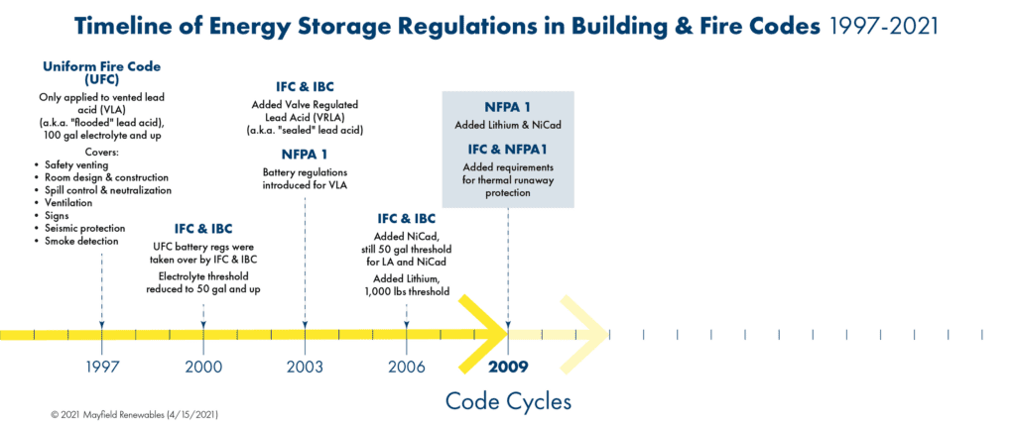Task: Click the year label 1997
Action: click(102, 367)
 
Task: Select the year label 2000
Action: click(203, 367)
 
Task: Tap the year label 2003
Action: click(305, 367)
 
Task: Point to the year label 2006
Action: click(406, 367)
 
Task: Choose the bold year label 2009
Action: click(508, 367)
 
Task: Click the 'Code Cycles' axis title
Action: click(508, 401)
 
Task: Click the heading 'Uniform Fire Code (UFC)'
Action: click(102, 72)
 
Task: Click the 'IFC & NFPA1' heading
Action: click(508, 150)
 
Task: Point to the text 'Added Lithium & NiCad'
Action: click(508, 124)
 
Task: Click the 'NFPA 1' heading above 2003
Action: click(305, 155)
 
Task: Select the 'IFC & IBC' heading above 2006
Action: click(406, 218)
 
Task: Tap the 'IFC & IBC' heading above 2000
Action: click(203, 229)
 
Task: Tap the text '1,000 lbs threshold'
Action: click(406, 291)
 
